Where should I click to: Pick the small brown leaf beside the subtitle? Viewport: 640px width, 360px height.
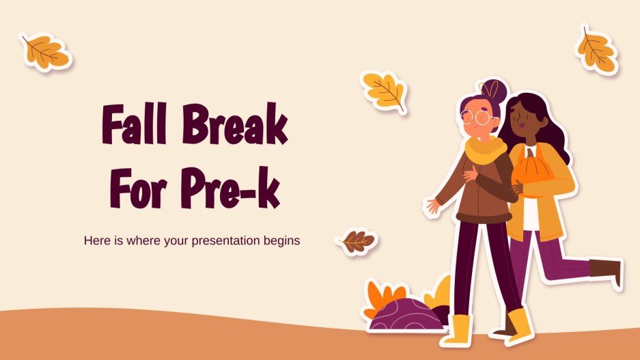357,241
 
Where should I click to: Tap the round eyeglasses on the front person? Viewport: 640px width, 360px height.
477,117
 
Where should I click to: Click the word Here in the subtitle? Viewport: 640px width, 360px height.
96,241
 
